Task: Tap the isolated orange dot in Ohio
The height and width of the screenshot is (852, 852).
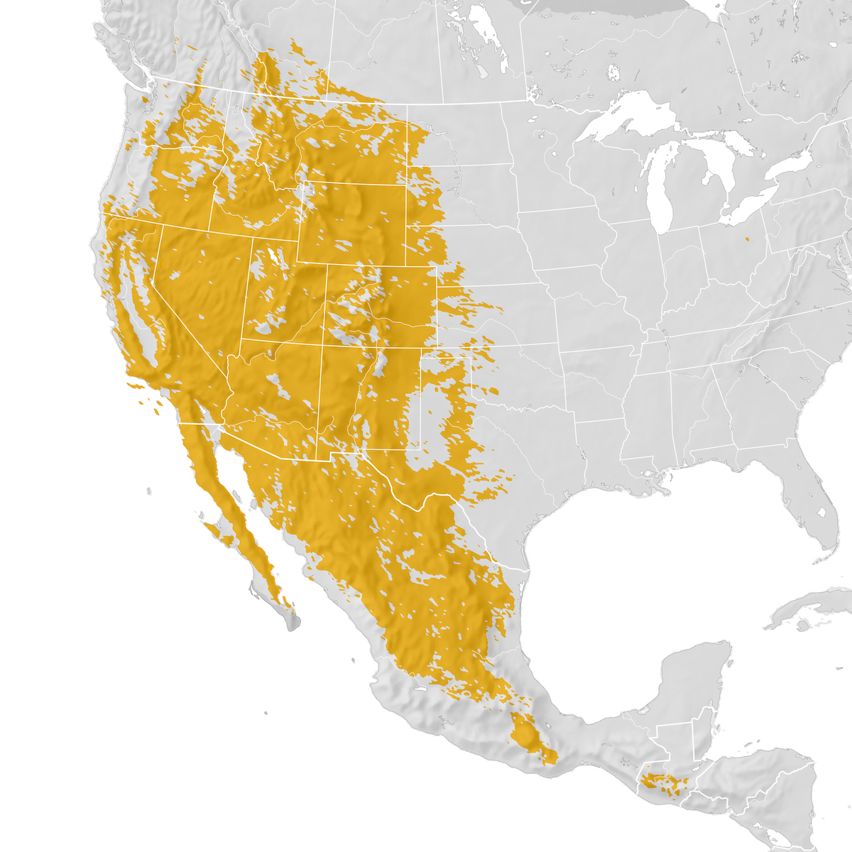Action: pyautogui.click(x=746, y=239)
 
